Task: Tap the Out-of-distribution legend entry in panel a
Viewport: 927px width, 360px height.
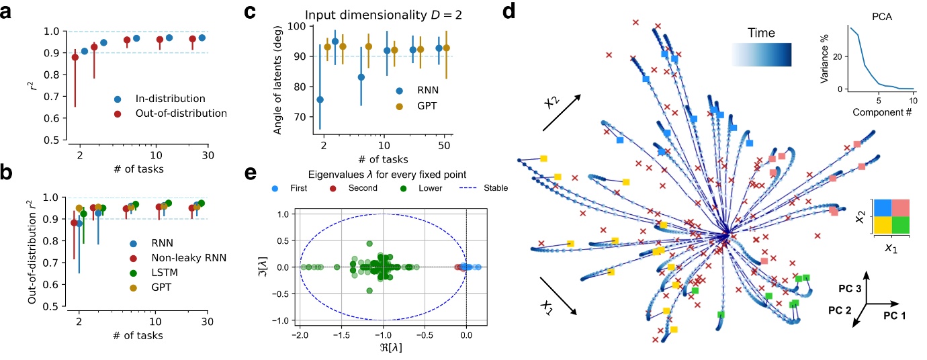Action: [168, 114]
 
